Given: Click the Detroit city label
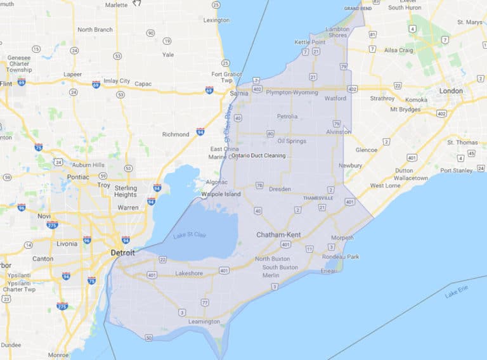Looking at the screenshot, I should [122, 252].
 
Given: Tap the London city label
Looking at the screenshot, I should [451, 91].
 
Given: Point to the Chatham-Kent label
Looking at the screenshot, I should [278, 235].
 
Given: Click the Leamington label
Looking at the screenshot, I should [204, 321].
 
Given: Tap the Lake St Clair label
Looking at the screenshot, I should [190, 236].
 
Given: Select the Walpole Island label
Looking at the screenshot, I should [221, 194].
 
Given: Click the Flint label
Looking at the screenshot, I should [7, 84].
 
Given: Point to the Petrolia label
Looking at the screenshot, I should [287, 117].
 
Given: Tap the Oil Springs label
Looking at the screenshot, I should [292, 141].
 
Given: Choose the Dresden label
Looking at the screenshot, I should [280, 189].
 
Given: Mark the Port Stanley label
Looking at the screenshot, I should [457, 170].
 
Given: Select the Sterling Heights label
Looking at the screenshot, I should [126, 191].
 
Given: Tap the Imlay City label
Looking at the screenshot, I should [116, 81].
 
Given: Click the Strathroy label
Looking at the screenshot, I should [382, 98].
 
